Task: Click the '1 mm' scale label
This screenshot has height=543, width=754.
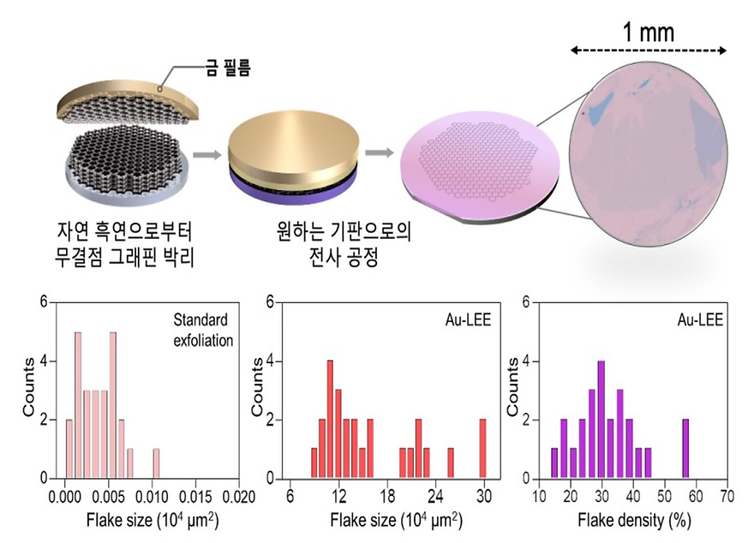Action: click(648, 33)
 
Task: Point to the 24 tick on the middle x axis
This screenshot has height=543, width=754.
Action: click(435, 495)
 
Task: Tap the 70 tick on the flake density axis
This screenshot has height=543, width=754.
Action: click(727, 495)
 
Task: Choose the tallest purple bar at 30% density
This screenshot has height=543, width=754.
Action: click(601, 420)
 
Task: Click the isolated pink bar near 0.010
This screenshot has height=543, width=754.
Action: click(156, 463)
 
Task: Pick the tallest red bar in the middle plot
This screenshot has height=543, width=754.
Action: click(330, 420)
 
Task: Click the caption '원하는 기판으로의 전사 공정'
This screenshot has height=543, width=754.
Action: click(314, 244)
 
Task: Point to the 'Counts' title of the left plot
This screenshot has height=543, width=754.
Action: click(28, 390)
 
